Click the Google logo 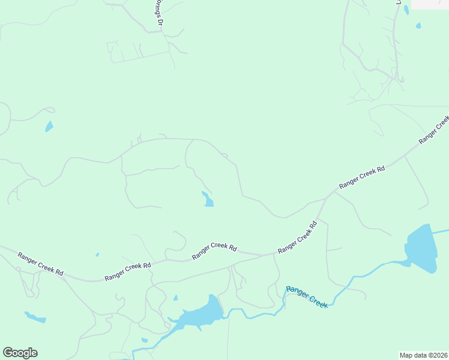coord(20,353)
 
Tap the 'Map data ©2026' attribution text coord(423,355)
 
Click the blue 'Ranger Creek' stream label coord(307,297)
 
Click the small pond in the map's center coord(208,200)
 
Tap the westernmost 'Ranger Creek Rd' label coord(40,263)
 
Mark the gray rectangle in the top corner coord(430,4)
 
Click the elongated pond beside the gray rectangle coord(406,10)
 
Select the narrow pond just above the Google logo coord(35,317)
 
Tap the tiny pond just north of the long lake coord(175,298)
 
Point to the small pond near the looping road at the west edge coord(49,127)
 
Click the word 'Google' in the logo coord(20,353)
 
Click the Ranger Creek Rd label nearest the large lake coord(361,178)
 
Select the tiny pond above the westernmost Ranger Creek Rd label coord(97,254)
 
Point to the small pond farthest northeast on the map coord(418,26)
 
